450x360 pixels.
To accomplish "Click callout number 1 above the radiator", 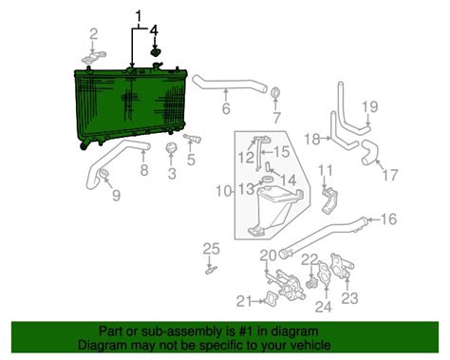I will pos(140,16).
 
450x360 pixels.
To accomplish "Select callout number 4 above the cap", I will pos(155,32).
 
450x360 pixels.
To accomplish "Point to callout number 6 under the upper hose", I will pos(226,109).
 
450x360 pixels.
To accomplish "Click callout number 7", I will pos(276,119).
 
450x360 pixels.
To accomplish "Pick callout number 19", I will pos(370,105).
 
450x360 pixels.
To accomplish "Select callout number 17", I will pos(389,175).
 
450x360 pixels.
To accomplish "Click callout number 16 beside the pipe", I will pos(388,219).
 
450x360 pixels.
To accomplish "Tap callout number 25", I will pos(211,249).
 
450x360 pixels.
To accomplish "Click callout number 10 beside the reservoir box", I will pos(221,192).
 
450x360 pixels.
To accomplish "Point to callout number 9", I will pos(115,197).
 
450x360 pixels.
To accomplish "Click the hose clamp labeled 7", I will pos(275,94).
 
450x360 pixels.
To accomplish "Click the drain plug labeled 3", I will pos(172,152).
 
